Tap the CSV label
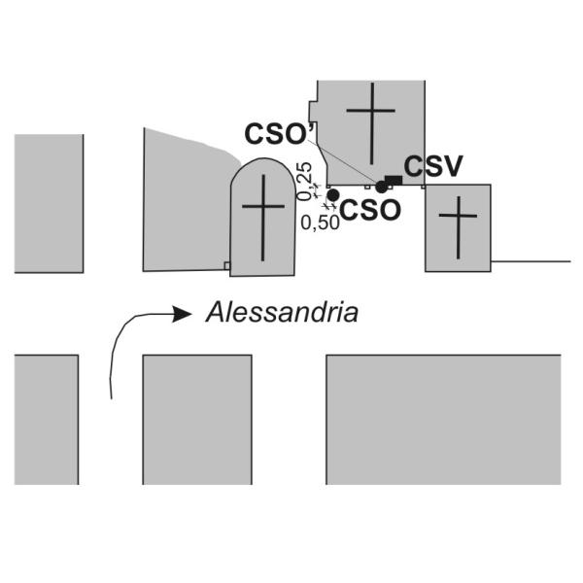pyautogui.click(x=433, y=166)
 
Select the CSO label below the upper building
pyautogui.click(x=370, y=210)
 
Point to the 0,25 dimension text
pyautogui.click(x=304, y=182)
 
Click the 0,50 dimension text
pyautogui.click(x=320, y=223)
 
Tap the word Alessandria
pyautogui.click(x=282, y=312)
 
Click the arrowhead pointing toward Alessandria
pyautogui.click(x=183, y=315)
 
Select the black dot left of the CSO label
pyautogui.click(x=332, y=195)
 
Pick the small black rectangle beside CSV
pyautogui.click(x=394, y=181)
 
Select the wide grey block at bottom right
pyautogui.click(x=444, y=420)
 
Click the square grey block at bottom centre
pyautogui.click(x=197, y=420)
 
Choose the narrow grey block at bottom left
pyautogui.click(x=47, y=420)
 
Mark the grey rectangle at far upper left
pyautogui.click(x=50, y=204)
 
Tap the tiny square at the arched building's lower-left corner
pyautogui.click(x=226, y=265)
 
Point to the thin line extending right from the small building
pyautogui.click(x=531, y=261)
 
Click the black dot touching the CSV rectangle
pyautogui.click(x=382, y=187)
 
